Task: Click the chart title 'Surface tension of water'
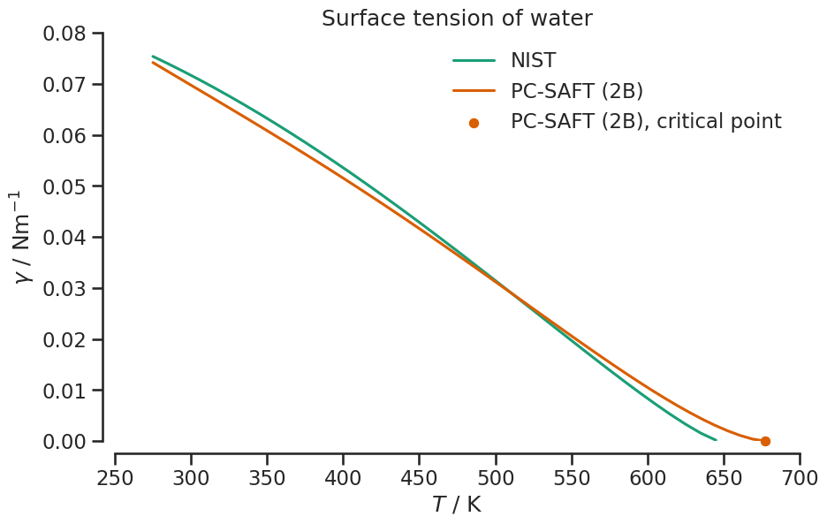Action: pyautogui.click(x=457, y=18)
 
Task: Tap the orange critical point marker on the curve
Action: pyautogui.click(x=765, y=441)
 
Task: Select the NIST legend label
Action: pyautogui.click(x=533, y=60)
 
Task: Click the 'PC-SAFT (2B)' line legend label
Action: pyautogui.click(x=576, y=91)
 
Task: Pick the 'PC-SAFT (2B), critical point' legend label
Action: pyautogui.click(x=645, y=122)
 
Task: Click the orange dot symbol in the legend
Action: pyautogui.click(x=474, y=123)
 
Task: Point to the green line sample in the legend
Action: pyautogui.click(x=474, y=61)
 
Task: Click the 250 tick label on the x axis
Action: pyautogui.click(x=115, y=478)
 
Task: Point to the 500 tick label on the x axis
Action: pyautogui.click(x=496, y=478)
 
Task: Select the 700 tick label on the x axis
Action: pyautogui.click(x=800, y=478)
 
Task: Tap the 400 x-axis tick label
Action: pyautogui.click(x=343, y=478)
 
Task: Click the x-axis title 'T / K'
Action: pyautogui.click(x=457, y=505)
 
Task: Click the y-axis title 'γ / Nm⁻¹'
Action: pyautogui.click(x=25, y=237)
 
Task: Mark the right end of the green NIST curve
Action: pyautogui.click(x=716, y=439)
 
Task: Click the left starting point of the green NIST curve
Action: pyautogui.click(x=153, y=57)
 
